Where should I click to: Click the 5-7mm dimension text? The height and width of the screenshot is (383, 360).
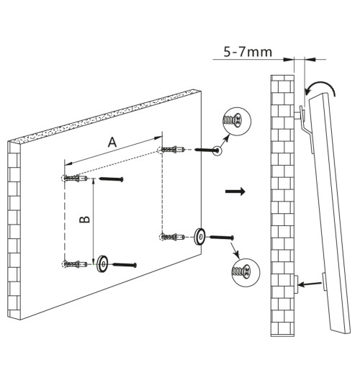click(x=248, y=52)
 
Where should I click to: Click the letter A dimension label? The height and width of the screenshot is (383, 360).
click(x=112, y=142)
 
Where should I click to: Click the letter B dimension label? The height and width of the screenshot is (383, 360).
click(x=85, y=220)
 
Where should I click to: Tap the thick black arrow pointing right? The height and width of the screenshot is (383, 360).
click(x=235, y=191)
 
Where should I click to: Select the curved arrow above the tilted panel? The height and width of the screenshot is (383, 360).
click(x=322, y=84)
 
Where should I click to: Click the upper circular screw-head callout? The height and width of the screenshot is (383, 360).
click(x=237, y=121)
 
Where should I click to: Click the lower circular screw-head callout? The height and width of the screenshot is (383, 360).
click(x=246, y=273)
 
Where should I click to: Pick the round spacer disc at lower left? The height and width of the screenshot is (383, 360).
click(x=102, y=263)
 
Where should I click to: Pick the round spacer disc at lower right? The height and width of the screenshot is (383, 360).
click(x=199, y=236)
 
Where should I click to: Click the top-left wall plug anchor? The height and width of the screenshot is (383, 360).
click(x=74, y=179)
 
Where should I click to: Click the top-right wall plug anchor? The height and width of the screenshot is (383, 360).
click(x=171, y=149)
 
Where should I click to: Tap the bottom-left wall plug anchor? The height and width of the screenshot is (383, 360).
click(x=74, y=264)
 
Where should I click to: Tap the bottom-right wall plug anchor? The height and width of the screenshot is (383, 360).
click(x=171, y=237)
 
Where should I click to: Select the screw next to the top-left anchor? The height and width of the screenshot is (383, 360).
click(x=111, y=179)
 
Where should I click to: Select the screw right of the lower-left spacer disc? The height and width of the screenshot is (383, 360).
click(x=125, y=264)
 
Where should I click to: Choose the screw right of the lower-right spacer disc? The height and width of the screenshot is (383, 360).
click(x=222, y=237)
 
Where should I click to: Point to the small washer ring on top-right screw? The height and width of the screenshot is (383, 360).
click(x=217, y=150)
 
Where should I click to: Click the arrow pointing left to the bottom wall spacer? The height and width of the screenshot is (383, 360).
click(x=310, y=284)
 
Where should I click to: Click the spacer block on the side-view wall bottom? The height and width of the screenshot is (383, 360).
click(x=295, y=284)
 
